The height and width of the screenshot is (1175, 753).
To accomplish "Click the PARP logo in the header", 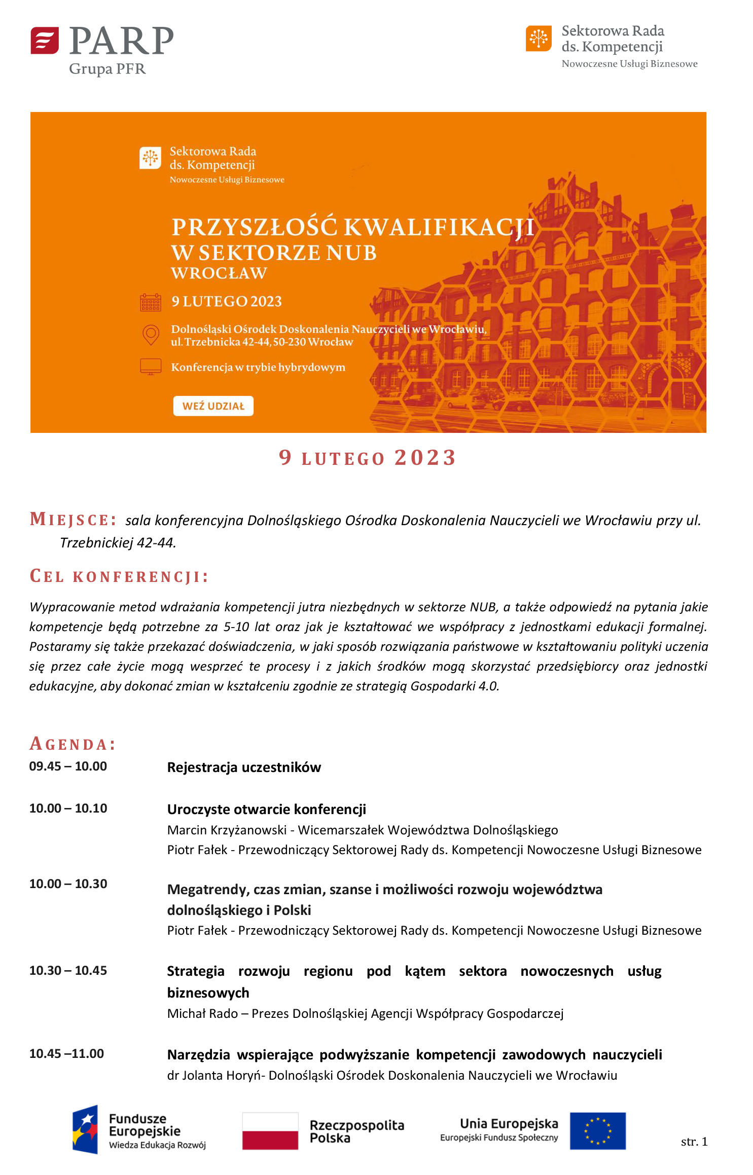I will click(101, 50).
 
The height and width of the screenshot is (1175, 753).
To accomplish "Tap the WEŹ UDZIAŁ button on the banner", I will click(213, 406).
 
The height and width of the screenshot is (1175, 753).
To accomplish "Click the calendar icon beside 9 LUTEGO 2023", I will click(151, 302).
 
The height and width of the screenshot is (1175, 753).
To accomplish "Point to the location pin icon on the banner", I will click(151, 335).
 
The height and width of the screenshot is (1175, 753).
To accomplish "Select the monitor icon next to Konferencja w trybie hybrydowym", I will click(151, 366).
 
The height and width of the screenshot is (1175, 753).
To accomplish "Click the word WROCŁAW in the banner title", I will click(219, 273).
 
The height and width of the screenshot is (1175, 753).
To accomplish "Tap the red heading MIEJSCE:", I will click(73, 520).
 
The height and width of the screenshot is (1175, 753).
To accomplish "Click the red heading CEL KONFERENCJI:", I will click(119, 577).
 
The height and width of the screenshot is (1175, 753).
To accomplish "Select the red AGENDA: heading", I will click(73, 744).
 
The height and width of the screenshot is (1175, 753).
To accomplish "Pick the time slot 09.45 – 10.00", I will click(68, 766).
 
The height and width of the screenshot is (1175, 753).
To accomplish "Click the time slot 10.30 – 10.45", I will click(68, 971).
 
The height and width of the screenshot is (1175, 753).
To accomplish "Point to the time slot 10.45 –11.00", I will click(66, 1054).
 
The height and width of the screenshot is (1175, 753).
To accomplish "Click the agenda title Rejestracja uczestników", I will click(244, 767).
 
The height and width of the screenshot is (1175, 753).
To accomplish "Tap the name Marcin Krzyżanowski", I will click(227, 830).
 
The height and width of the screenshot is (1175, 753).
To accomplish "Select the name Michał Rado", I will click(202, 1014).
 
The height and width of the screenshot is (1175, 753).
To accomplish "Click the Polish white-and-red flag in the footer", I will click(270, 1131).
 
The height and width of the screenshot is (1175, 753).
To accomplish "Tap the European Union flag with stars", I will click(597, 1131).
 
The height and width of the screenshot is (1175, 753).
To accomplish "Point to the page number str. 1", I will click(694, 1142).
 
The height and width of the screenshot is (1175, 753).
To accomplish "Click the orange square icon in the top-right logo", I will click(539, 39).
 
